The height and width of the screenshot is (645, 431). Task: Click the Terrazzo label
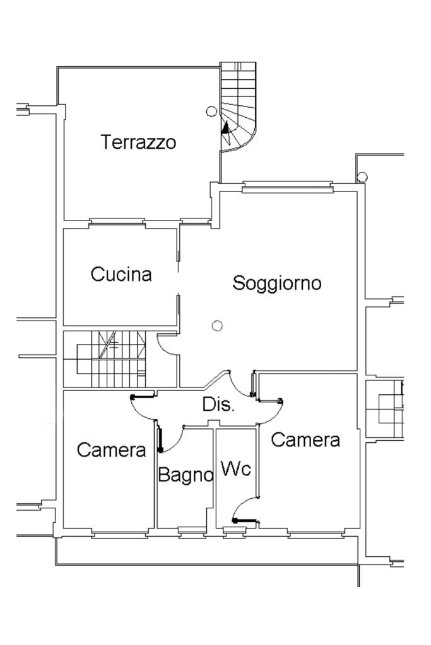tap(139, 142)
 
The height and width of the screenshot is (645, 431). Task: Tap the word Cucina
tap(121, 275)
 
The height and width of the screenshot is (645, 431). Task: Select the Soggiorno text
tap(277, 283)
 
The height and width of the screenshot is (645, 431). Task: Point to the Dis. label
tap(218, 405)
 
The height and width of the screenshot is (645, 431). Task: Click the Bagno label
tap(185, 475)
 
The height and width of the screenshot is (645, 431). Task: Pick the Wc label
tap(236, 469)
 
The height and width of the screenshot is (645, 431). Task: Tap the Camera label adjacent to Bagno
tap(111, 450)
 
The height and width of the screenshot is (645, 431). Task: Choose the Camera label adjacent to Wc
tap(305, 440)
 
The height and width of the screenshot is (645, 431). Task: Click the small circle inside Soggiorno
tap(217, 325)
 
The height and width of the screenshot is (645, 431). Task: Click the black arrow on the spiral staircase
tap(225, 131)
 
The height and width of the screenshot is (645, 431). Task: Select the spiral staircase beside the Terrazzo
tap(237, 107)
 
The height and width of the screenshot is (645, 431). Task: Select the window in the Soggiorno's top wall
tap(287, 185)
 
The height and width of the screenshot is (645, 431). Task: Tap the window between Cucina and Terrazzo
tap(117, 222)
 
